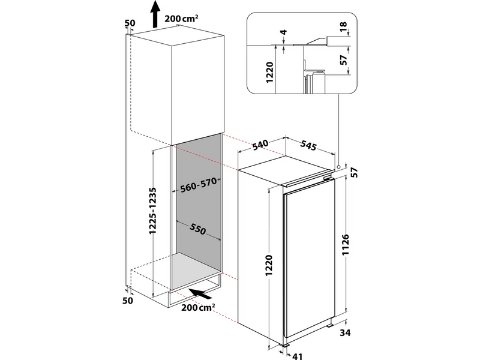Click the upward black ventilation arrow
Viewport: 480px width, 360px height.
coord(155,14)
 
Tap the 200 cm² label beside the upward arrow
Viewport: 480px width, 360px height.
coord(182,19)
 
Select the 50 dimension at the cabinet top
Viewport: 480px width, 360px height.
coord(130,23)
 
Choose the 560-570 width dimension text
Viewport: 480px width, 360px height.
coord(198,186)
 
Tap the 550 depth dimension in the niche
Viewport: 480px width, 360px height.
coord(199,229)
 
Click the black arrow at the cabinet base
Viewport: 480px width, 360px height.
coord(202,294)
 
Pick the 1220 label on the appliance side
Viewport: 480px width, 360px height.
coord(269,266)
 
